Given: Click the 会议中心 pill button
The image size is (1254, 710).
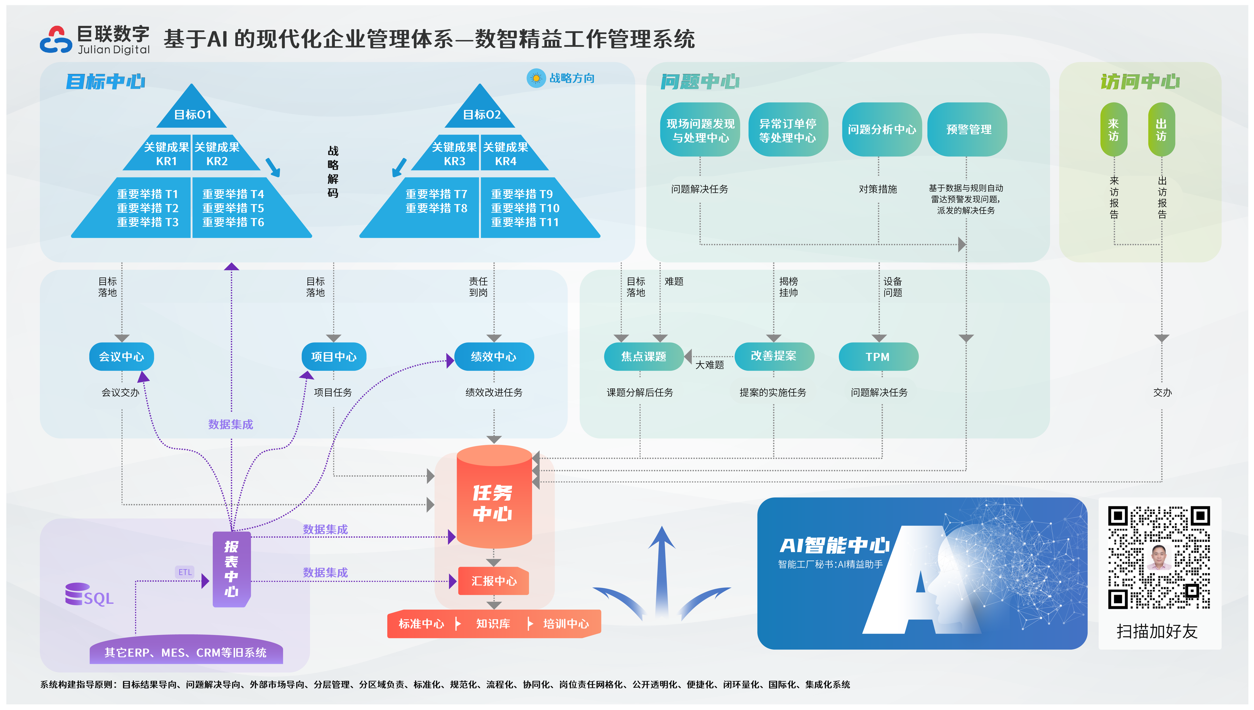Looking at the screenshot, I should click(x=121, y=357).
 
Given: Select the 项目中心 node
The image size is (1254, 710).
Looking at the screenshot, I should click(x=334, y=357).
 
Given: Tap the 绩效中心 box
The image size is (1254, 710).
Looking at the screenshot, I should click(x=494, y=357).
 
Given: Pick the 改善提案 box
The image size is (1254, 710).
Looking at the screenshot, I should click(x=774, y=356).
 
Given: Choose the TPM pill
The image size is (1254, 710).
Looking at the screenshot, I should click(x=878, y=357).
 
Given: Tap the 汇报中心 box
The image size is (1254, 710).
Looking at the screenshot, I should click(x=494, y=581).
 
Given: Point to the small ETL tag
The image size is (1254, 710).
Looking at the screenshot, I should click(x=185, y=572).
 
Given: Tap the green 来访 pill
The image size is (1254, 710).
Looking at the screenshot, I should click(x=1113, y=129).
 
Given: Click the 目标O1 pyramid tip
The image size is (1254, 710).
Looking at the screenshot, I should click(x=192, y=110).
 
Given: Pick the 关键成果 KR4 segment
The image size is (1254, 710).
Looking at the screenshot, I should click(x=506, y=154).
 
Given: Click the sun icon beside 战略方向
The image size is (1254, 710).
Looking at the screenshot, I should click(x=536, y=78).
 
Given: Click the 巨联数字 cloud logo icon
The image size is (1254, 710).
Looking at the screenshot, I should click(x=56, y=40).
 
